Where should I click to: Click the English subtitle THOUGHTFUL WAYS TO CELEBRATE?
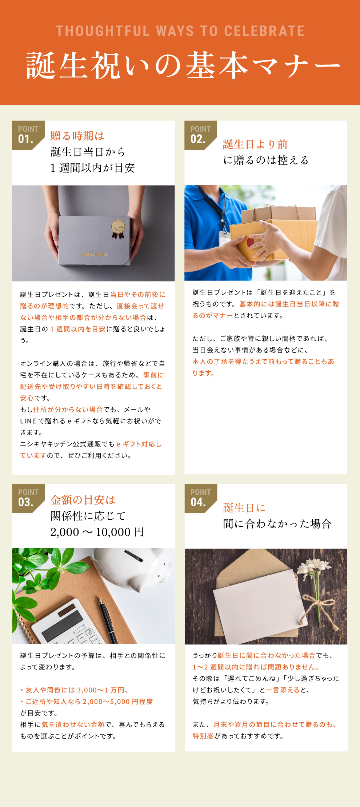180,31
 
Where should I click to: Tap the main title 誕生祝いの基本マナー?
183,66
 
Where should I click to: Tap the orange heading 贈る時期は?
77,136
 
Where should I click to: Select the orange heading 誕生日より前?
255,144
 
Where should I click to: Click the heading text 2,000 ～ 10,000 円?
97,532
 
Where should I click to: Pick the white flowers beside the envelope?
313,570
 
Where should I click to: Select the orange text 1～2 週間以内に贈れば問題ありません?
256,667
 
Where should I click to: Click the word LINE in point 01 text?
28,421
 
